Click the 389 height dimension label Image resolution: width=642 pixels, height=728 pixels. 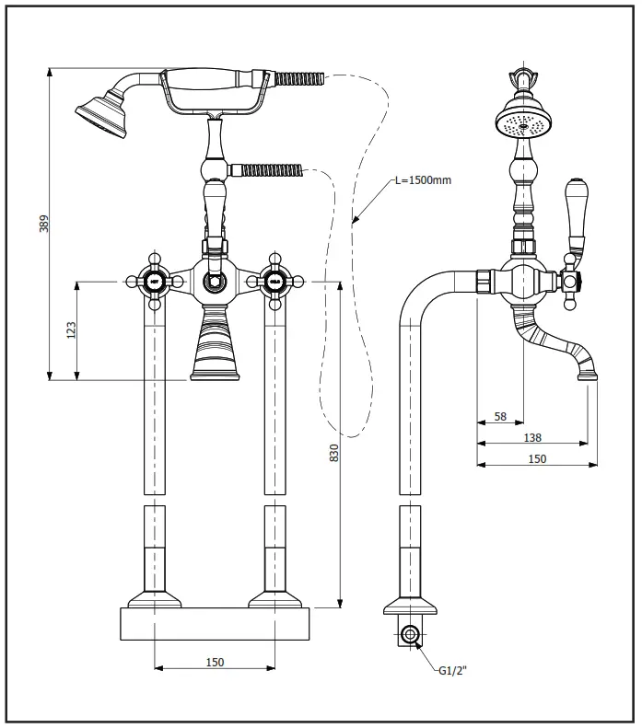point(43,223)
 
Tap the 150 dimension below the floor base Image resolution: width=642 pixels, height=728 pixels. point(214,662)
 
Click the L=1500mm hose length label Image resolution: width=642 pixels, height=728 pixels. point(423,179)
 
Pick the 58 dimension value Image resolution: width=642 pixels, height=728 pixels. point(500,416)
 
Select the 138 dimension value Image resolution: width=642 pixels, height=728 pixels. point(532,437)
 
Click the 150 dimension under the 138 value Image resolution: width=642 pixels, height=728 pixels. point(537,458)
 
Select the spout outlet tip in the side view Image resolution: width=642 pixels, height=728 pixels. point(587,373)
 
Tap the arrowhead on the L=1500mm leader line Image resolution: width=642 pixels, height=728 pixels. point(353,221)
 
